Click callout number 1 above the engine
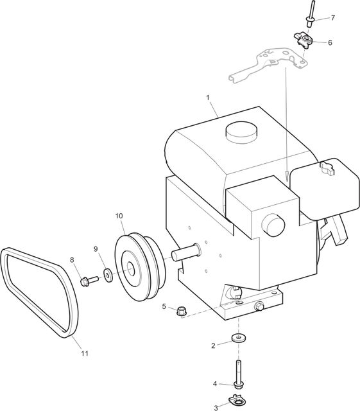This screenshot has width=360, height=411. [208, 98]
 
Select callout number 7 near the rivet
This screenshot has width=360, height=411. [333, 18]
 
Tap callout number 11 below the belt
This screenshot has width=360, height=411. [84, 354]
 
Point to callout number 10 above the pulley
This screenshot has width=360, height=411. [119, 216]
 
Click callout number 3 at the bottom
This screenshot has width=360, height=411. [216, 408]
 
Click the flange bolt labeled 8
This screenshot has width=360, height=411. [89, 281]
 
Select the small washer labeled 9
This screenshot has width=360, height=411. [108, 275]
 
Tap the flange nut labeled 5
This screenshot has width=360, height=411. [180, 311]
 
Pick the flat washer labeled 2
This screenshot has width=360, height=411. [239, 338]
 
